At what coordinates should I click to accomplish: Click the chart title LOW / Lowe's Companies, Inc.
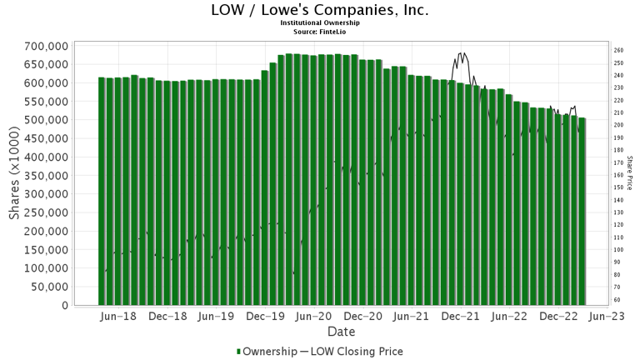coord(319,11)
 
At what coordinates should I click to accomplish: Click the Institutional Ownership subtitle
coord(319,25)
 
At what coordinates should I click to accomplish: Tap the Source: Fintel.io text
coord(319,32)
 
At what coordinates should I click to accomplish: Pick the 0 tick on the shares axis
coord(63,305)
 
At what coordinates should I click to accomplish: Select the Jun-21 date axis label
coord(414,317)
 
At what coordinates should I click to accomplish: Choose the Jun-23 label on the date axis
coord(609,317)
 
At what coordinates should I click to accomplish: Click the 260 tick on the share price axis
coord(618,51)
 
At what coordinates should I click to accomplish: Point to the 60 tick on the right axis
coord(617,300)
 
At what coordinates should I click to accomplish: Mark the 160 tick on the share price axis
coord(618,175)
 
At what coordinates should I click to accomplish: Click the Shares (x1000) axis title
coord(15,175)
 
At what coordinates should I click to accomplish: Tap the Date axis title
coord(341,331)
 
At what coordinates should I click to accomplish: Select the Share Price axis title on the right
coord(631,175)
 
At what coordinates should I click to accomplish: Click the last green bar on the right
coord(582,212)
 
